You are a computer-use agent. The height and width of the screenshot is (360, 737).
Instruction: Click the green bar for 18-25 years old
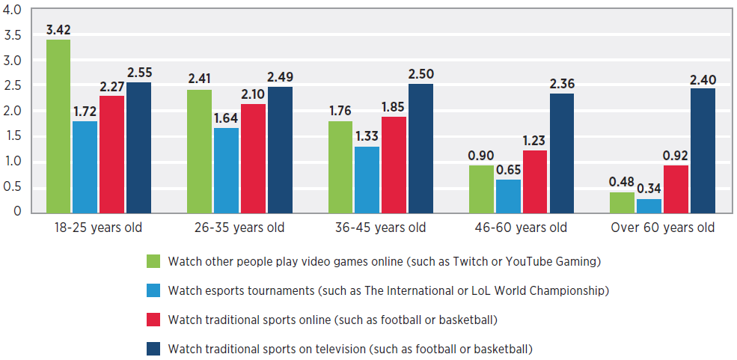tap(58, 126)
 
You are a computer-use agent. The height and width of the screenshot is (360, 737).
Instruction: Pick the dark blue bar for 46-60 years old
tap(561, 153)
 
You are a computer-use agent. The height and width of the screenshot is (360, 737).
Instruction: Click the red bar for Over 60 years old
tap(676, 189)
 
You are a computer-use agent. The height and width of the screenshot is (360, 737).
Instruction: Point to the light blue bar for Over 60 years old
tap(649, 206)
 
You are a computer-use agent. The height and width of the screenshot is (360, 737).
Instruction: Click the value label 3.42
tap(58, 31)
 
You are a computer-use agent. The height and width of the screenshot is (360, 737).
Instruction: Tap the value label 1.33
tap(367, 136)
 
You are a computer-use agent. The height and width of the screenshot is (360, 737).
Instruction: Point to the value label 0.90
tap(480, 156)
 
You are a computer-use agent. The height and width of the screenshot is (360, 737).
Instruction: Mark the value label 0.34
tap(649, 187)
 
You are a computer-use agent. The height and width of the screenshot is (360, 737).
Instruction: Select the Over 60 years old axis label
tap(662, 228)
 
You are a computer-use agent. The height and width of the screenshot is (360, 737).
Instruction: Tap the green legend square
tap(153, 262)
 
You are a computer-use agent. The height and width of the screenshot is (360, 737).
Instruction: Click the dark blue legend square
tap(153, 349)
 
